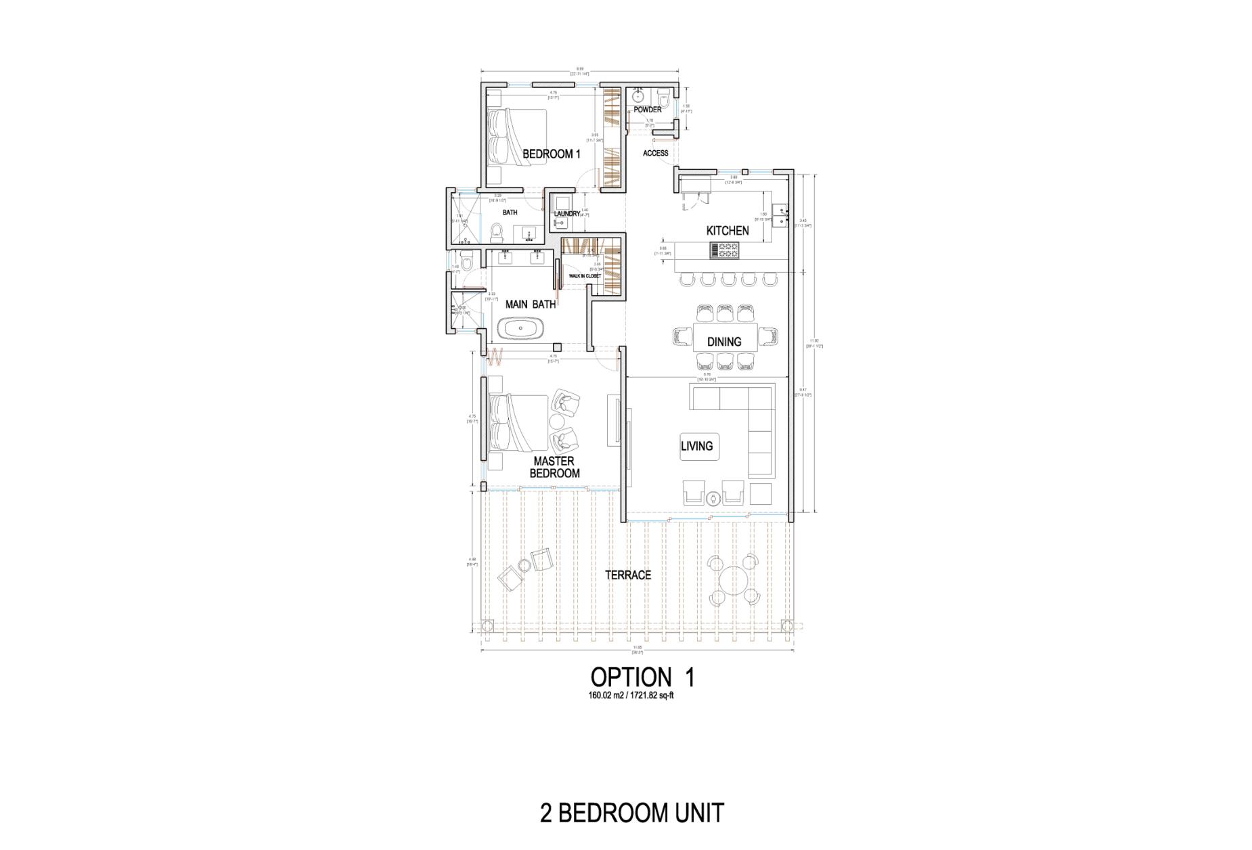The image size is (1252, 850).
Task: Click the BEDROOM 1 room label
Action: tap(551, 154)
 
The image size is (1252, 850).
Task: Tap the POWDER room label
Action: tap(648, 110)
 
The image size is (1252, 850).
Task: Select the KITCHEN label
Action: tap(728, 231)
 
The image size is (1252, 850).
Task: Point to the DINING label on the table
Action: tap(724, 342)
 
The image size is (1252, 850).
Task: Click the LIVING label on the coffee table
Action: tap(697, 446)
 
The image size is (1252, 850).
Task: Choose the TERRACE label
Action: tap(628, 575)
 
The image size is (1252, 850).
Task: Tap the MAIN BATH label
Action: tap(531, 305)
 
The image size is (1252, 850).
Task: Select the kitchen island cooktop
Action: tap(724, 250)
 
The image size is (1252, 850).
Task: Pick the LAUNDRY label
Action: tap(566, 214)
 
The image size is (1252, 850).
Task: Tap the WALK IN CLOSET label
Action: tap(585, 276)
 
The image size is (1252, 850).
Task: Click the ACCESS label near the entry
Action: tap(655, 154)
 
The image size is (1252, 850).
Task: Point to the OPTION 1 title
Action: tap(642, 677)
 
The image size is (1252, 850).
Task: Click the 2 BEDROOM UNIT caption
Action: tap(632, 813)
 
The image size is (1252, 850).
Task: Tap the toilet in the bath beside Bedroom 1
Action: tap(497, 233)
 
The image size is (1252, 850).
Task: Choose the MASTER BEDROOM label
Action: tap(554, 468)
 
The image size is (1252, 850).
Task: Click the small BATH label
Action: tap(510, 212)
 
